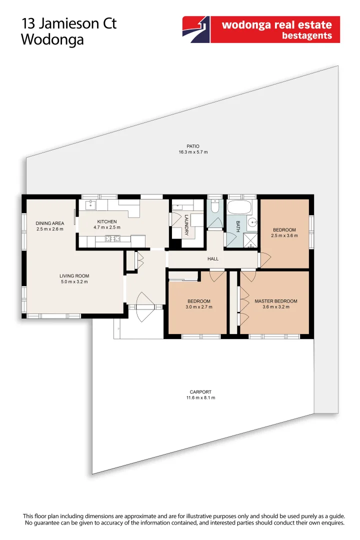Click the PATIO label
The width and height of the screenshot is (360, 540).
click(x=193, y=146)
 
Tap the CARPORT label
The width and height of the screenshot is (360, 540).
click(x=200, y=392)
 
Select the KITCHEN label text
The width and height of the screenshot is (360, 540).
click(x=107, y=221)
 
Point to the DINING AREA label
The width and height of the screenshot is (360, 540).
click(x=49, y=223)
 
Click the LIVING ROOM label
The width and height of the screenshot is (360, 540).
click(x=74, y=275)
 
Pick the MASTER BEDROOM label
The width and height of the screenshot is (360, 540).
click(x=275, y=301)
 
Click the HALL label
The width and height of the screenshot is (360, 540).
click(x=213, y=259)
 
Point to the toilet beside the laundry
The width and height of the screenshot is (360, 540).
click(x=215, y=206)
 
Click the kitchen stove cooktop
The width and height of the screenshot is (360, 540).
click(x=110, y=238)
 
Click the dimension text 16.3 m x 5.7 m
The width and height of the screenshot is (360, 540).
click(x=193, y=152)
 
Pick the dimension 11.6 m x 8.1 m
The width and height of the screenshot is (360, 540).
click(x=200, y=398)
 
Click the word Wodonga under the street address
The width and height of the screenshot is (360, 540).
click(x=52, y=40)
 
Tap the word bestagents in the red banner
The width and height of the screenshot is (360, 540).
click(x=307, y=35)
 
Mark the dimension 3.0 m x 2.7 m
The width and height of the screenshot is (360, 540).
click(x=199, y=307)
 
